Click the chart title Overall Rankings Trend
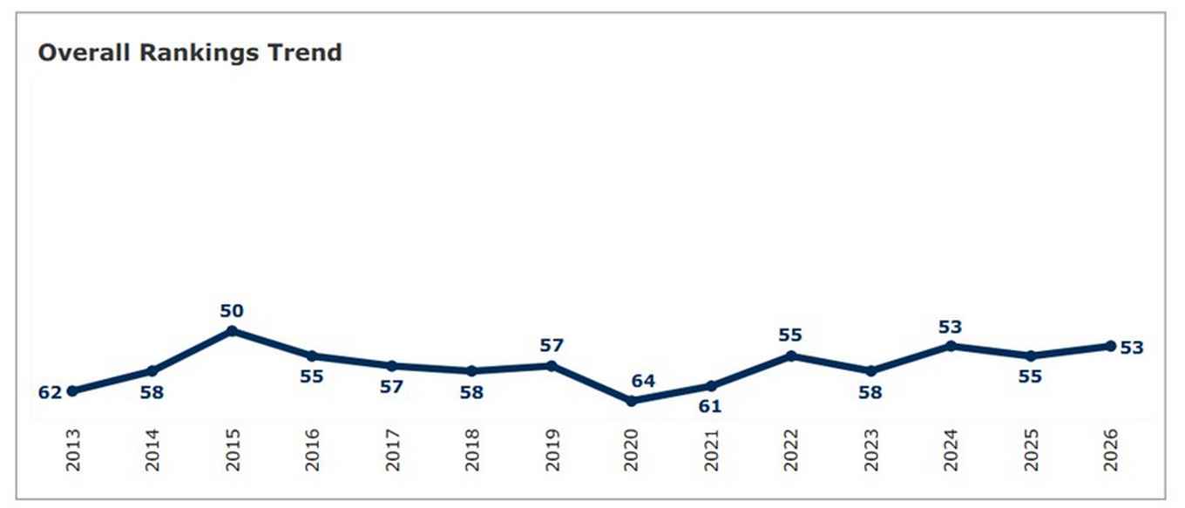click(x=190, y=53)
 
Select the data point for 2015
click(x=232, y=331)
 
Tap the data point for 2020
click(x=631, y=401)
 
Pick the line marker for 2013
click(x=72, y=391)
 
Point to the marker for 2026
click(x=1110, y=346)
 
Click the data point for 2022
click(x=791, y=356)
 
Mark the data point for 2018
click(x=471, y=371)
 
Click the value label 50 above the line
click(x=232, y=311)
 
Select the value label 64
click(x=643, y=382)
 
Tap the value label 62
click(x=50, y=392)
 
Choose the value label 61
click(x=710, y=406)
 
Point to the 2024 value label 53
click(x=951, y=327)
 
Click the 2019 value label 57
click(x=552, y=346)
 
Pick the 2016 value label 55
click(x=311, y=377)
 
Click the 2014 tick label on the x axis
click(x=152, y=450)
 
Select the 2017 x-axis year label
click(x=392, y=450)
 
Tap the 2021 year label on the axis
click(x=711, y=450)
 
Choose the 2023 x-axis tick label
click(x=870, y=450)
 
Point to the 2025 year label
click(x=1031, y=450)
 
